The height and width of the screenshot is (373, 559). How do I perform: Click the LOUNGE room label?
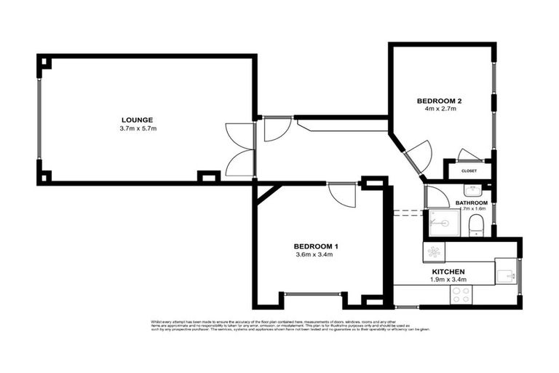click(137, 119)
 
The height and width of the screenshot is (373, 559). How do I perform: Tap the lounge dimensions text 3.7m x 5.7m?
click(138, 129)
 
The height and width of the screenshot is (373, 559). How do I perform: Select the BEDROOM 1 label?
click(315, 246)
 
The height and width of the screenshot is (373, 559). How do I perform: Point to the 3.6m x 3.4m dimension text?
click(315, 255)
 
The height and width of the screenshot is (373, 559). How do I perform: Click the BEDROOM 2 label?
click(440, 100)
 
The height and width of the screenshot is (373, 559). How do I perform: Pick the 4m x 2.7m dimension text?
click(440, 109)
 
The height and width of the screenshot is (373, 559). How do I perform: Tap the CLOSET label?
click(469, 170)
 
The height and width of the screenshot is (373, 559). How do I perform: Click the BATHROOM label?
click(472, 203)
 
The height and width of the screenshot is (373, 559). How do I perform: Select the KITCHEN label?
click(447, 271)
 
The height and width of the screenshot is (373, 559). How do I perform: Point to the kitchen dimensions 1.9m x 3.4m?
click(447, 280)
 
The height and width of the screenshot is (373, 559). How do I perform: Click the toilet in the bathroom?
click(476, 225)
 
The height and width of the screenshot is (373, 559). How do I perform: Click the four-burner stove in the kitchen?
click(460, 294)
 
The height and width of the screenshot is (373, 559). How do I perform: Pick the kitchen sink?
click(506, 272)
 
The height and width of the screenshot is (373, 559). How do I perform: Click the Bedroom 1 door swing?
click(341, 194)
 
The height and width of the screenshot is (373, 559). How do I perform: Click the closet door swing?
click(467, 154)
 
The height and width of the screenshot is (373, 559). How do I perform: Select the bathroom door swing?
click(437, 196)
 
